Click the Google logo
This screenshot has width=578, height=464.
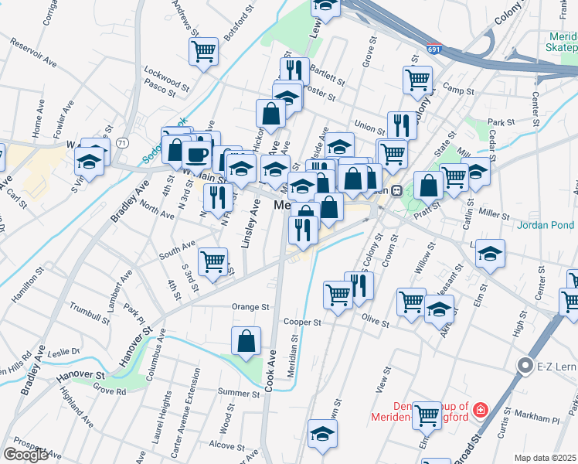pos(25,455)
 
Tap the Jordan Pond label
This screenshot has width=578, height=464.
pos(547,227)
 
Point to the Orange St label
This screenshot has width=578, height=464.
pos(250,307)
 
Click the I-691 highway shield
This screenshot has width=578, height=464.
pos(434,49)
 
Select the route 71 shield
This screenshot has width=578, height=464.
pos(121,143)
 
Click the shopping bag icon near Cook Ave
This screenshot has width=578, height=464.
pos(246,341)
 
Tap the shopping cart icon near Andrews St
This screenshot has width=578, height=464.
pos(203,52)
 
